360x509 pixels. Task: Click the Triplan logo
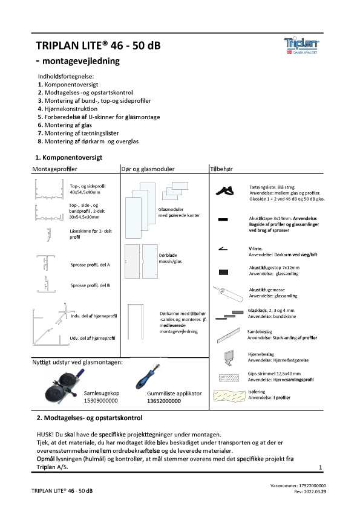(x=301, y=45)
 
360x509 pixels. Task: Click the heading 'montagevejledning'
(x=81, y=61)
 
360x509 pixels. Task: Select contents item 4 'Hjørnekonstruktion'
(x=68, y=109)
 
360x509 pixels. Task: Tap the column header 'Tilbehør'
(x=221, y=169)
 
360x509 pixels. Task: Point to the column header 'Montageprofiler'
(x=54, y=169)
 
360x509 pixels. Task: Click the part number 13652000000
(x=164, y=401)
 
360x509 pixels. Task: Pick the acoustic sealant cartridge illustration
(x=228, y=293)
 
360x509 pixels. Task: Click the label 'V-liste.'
(x=256, y=248)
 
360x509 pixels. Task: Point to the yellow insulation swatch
(x=229, y=395)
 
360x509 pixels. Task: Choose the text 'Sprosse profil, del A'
(x=90, y=265)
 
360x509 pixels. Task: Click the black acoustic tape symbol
(x=223, y=220)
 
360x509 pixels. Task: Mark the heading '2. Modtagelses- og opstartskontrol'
(x=90, y=418)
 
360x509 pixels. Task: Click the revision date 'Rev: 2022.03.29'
(x=310, y=492)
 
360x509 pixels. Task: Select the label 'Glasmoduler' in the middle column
(x=171, y=209)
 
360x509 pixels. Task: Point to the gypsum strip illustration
(x=229, y=378)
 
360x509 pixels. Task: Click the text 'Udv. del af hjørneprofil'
(x=93, y=339)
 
